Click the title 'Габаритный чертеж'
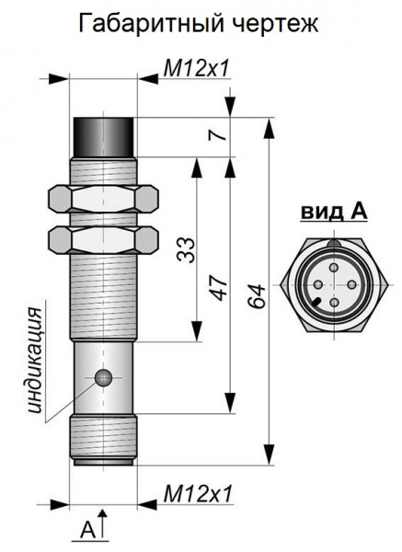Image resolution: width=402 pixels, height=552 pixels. coord(198,24)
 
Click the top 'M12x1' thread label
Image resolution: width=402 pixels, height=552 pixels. coord(197,68)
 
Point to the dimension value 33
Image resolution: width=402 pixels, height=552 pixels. coord(186,250)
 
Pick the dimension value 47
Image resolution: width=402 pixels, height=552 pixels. coord(219,289)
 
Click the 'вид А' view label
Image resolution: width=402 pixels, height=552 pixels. coord(334,212)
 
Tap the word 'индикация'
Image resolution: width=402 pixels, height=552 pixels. coord(35,360)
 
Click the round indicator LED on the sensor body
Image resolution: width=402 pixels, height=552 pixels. coord(104,378)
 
